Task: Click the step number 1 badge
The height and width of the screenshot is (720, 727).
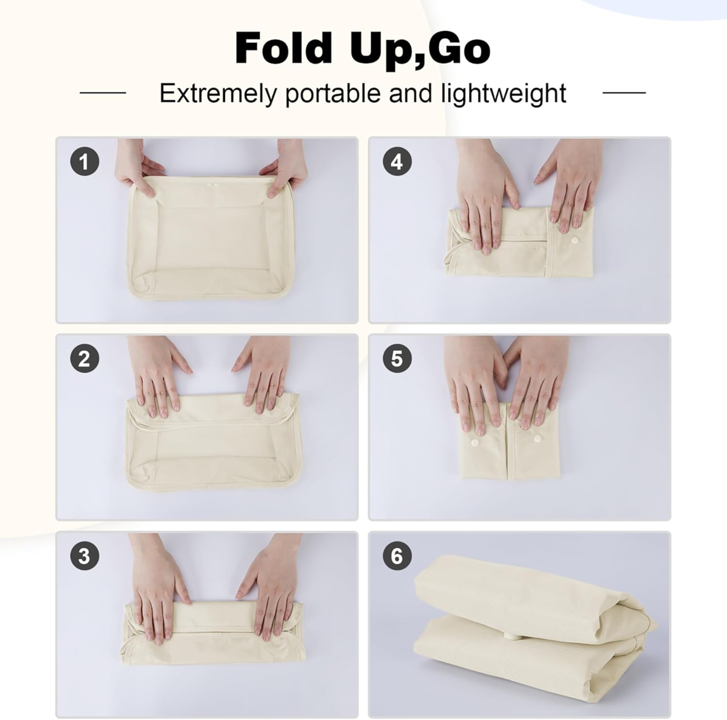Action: point(85,162)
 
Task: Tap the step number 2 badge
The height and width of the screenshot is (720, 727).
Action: point(85,359)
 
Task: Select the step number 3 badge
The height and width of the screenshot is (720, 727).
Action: point(85,556)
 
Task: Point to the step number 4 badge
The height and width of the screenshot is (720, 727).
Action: point(397,162)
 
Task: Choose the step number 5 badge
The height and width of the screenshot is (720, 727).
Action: point(397,359)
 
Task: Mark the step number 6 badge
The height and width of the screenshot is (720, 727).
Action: point(397,556)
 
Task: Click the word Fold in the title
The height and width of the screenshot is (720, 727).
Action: point(283,48)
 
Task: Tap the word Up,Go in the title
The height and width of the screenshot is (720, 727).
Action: point(420,50)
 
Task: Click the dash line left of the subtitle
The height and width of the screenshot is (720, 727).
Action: point(103,92)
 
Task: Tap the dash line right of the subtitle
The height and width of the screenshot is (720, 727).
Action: point(624,92)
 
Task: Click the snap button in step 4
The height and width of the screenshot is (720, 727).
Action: point(575,241)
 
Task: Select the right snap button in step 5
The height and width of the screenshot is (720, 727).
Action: point(537,439)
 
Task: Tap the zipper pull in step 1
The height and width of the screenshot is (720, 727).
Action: point(210,185)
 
